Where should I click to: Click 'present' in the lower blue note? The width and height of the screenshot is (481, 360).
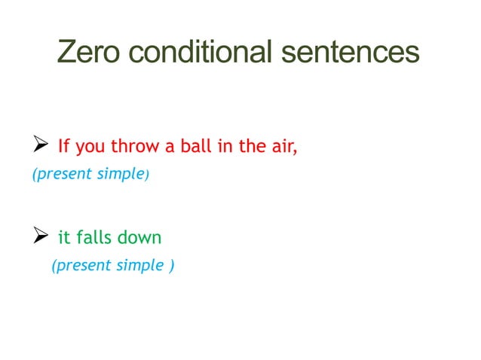click(x=78, y=266)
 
